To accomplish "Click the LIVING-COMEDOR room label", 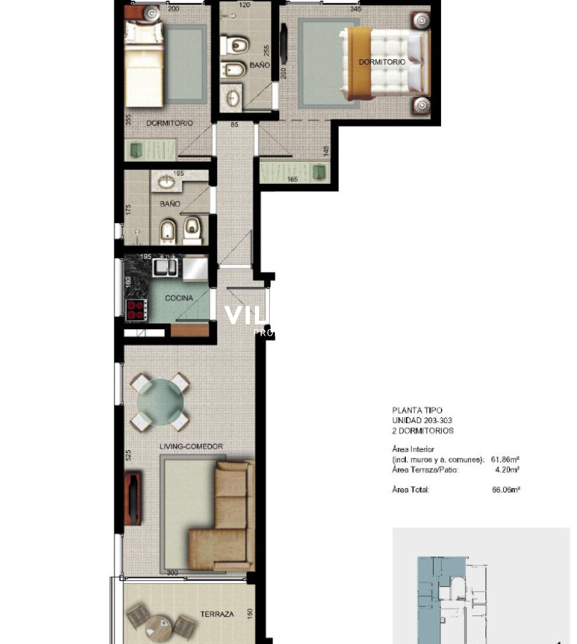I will pos(191,447).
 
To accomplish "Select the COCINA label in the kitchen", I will pos(179,298).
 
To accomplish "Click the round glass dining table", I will pos(161,402).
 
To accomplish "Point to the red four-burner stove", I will pos(136,309).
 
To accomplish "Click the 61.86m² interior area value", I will pos(505,459).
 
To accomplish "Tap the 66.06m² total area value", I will pos(505,490).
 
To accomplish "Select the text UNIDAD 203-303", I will pos(422,421).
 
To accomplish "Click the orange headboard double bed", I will pos(383,62).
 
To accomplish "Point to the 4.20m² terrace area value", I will pos(507,469).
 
